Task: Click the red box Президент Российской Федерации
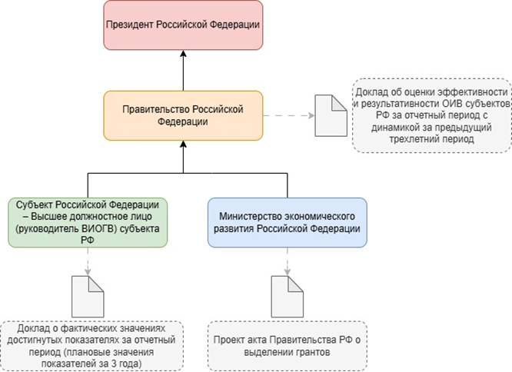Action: point(184,25)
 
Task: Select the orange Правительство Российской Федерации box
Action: point(183,115)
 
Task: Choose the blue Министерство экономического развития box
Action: point(287,222)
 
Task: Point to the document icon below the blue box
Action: point(288,293)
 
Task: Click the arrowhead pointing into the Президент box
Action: point(184,55)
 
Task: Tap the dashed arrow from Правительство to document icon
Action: point(288,115)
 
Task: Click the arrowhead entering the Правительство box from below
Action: point(184,145)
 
